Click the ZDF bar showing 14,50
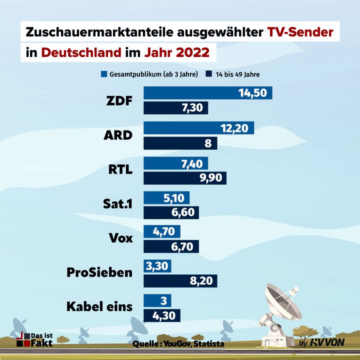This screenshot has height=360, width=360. (207, 92)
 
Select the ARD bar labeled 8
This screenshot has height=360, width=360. (180, 143)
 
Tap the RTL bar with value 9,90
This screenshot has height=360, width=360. (185, 178)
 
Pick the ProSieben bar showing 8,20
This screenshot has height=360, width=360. (180, 281)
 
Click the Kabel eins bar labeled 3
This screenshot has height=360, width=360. (157, 300)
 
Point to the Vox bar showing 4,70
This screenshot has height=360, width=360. (162, 231)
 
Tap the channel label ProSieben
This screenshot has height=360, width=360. (100, 272)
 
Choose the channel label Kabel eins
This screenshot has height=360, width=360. (99, 306)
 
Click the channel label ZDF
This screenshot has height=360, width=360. (119, 101)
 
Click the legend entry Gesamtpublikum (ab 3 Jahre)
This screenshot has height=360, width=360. (149, 74)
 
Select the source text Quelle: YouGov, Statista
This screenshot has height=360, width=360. (178, 344)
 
